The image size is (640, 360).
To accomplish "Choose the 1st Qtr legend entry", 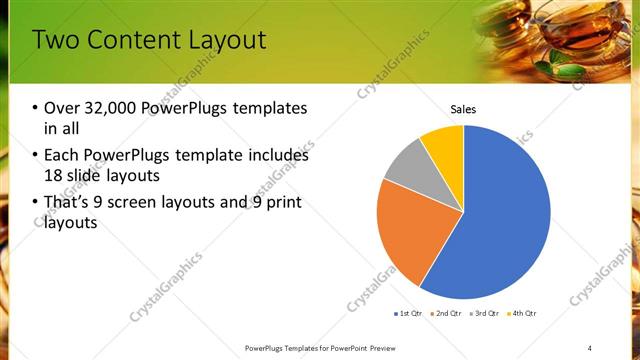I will click(410, 314).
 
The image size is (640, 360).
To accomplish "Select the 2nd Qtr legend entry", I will click(446, 314).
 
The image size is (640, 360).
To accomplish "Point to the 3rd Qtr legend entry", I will click(484, 314).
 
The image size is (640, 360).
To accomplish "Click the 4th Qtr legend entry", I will click(521, 314).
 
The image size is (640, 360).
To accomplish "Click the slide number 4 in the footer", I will click(590, 347).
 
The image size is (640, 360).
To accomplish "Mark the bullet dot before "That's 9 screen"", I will click(36, 204).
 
